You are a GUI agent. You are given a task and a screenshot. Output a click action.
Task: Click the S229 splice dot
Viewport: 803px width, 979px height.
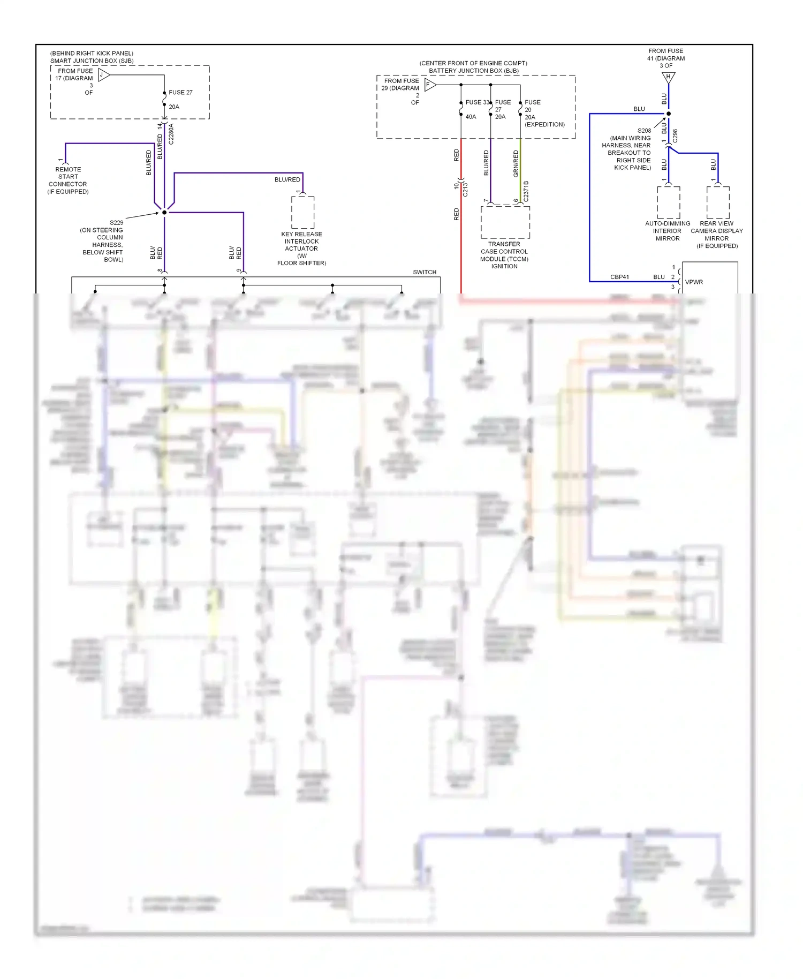click(x=164, y=213)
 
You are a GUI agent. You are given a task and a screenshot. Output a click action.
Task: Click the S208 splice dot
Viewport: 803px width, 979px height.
click(x=668, y=114)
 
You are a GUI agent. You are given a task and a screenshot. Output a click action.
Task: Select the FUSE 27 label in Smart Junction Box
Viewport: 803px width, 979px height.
click(x=180, y=92)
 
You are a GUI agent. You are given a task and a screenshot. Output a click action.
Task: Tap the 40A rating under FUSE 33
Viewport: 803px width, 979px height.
click(x=471, y=117)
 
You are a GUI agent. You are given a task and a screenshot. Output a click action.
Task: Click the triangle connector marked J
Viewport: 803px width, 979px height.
click(x=104, y=75)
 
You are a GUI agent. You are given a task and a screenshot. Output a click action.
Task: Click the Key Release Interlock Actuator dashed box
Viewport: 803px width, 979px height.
click(x=302, y=212)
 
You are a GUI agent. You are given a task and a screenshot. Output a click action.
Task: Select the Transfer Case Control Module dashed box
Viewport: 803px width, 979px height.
click(x=505, y=222)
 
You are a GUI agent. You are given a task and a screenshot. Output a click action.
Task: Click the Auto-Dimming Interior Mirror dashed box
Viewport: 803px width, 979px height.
click(x=668, y=202)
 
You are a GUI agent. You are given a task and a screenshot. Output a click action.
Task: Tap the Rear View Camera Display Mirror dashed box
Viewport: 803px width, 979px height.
click(x=717, y=202)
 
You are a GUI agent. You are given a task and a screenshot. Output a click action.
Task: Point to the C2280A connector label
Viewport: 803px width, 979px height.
click(x=171, y=134)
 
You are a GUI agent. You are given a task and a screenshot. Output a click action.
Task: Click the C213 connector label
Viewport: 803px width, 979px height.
click(x=465, y=190)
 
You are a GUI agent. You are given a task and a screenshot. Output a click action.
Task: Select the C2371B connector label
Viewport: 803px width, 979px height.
click(x=526, y=191)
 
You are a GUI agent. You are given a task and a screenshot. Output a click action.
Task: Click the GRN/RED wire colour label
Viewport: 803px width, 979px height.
click(x=516, y=163)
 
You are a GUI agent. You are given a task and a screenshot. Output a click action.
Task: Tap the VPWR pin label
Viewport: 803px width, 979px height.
click(x=694, y=282)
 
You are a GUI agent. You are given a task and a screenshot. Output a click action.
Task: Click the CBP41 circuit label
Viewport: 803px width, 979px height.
click(x=619, y=277)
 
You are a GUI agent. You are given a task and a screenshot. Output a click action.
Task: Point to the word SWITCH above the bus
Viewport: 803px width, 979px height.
click(x=425, y=272)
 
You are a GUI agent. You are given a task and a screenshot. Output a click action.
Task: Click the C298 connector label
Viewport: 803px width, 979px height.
click(x=675, y=135)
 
